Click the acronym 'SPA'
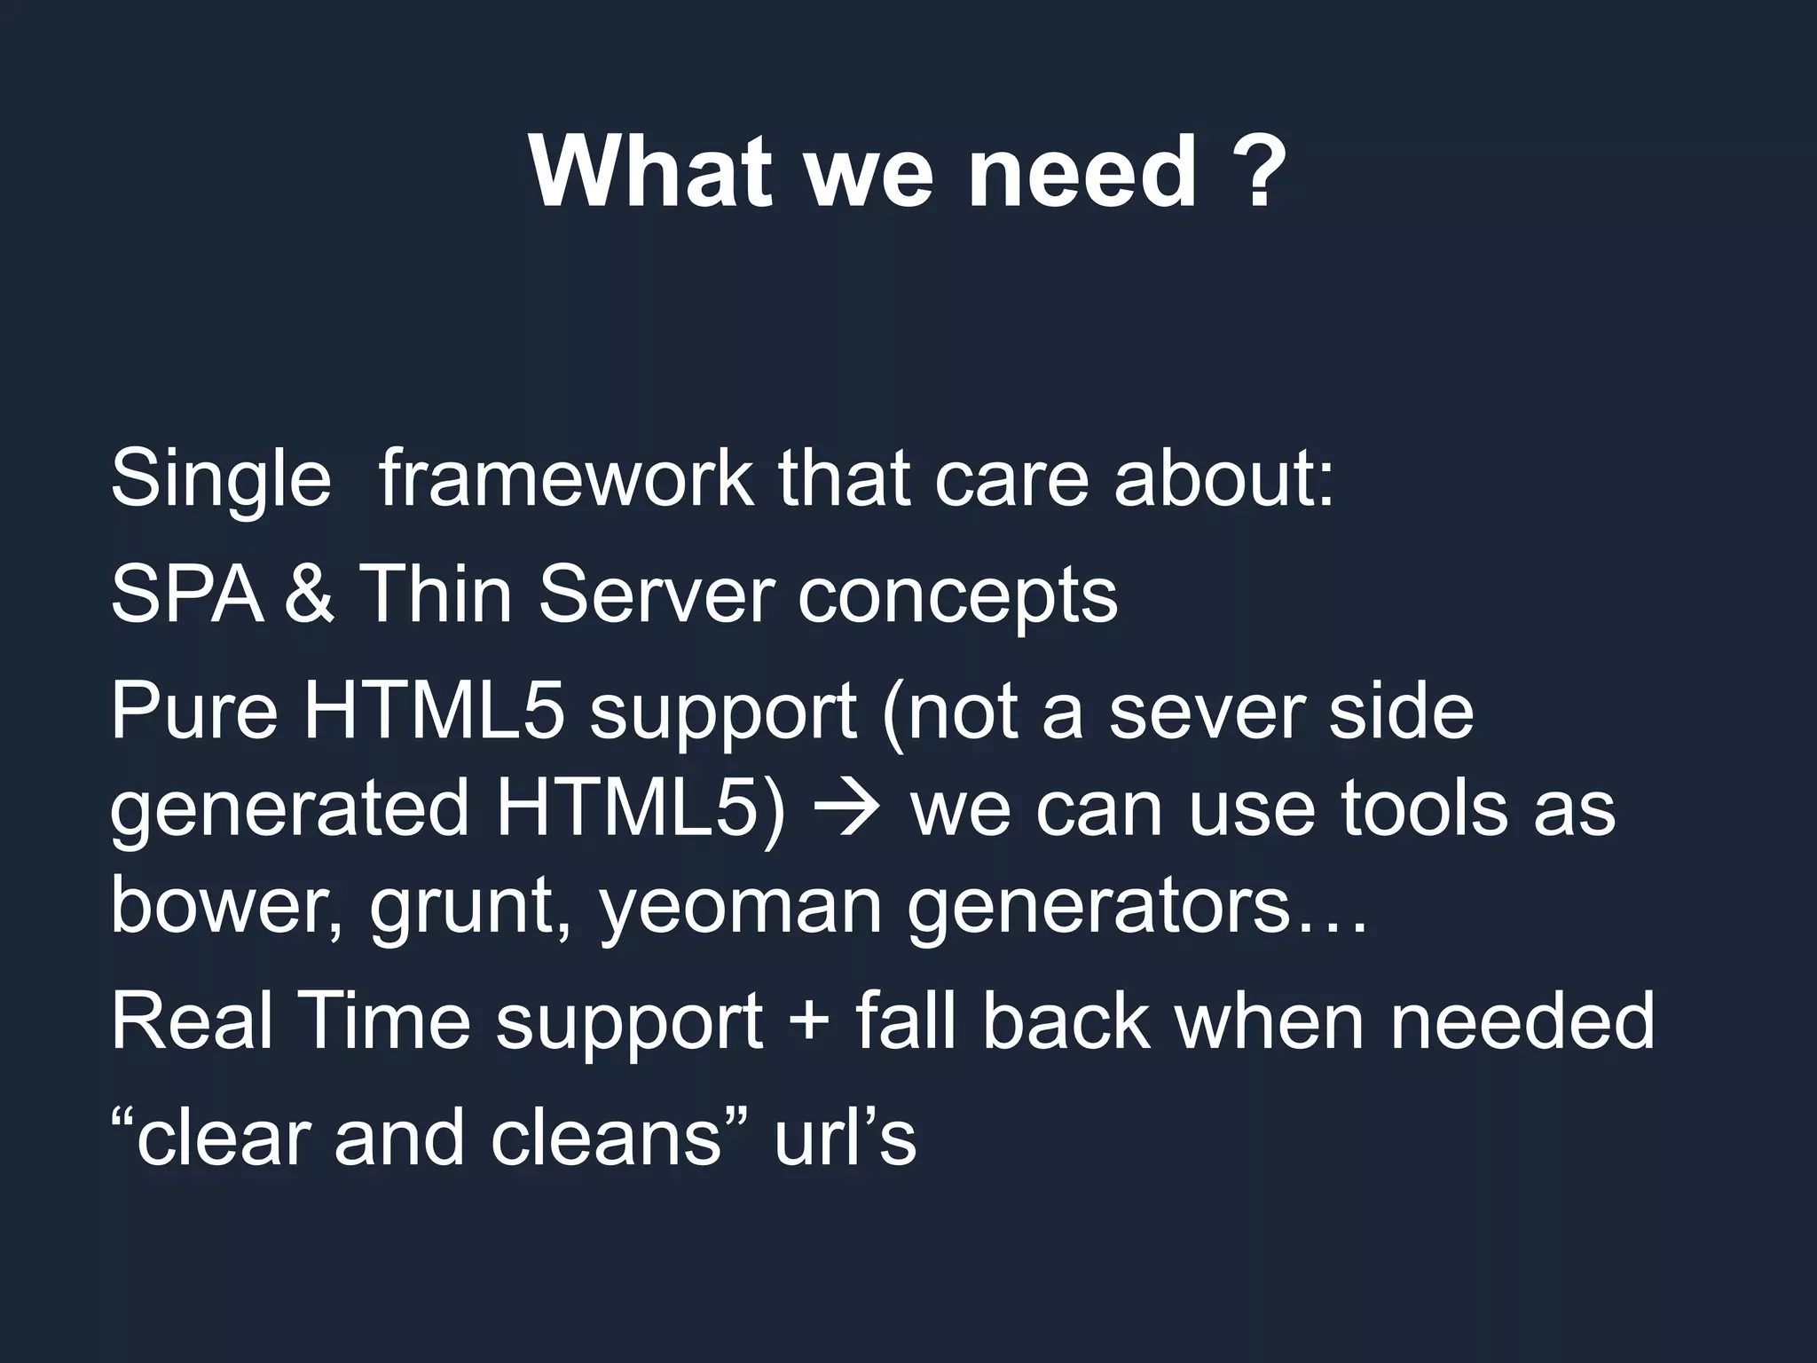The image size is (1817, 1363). click(x=187, y=595)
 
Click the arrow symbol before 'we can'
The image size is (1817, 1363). click(x=848, y=810)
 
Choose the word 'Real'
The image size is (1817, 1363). click(x=191, y=1020)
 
